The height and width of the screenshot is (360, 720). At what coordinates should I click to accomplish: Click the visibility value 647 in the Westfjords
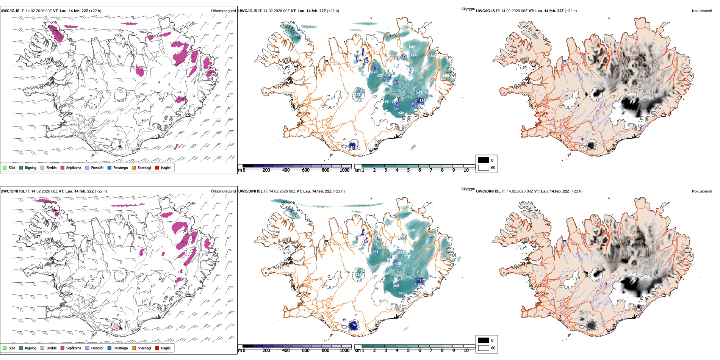coord(296,35)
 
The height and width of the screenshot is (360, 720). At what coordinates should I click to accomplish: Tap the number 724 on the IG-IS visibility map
coord(413,55)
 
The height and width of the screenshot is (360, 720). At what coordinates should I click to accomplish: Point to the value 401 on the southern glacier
coord(353,147)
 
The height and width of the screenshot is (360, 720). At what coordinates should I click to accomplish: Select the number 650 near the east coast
coord(446,76)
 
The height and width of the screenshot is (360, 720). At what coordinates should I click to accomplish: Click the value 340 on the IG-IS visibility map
coord(401,113)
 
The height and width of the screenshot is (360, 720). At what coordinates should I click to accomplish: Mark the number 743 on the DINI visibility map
coord(401,293)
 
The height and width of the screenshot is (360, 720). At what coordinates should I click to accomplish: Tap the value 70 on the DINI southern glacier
coord(354,325)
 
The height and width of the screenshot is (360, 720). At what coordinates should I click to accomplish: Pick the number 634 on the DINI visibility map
coord(412,230)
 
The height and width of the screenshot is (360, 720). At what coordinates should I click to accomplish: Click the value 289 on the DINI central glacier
coord(358,275)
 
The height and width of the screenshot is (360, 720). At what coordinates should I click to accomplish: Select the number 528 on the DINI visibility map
coord(432,235)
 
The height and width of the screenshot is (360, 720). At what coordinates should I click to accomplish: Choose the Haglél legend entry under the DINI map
coord(163,348)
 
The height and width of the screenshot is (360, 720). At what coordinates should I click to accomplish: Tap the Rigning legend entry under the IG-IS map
coord(28,168)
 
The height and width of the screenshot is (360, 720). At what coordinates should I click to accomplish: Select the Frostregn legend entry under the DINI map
coord(118,348)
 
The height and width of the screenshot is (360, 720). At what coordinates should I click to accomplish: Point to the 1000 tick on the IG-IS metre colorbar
coord(344,171)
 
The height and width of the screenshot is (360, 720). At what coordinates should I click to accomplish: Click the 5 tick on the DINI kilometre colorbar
coord(409,351)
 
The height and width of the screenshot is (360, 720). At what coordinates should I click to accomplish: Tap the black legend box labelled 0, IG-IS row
coord(484,160)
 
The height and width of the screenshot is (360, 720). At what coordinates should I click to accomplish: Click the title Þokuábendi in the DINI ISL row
coord(702,191)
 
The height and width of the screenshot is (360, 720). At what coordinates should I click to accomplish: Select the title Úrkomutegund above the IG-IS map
coord(223,11)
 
